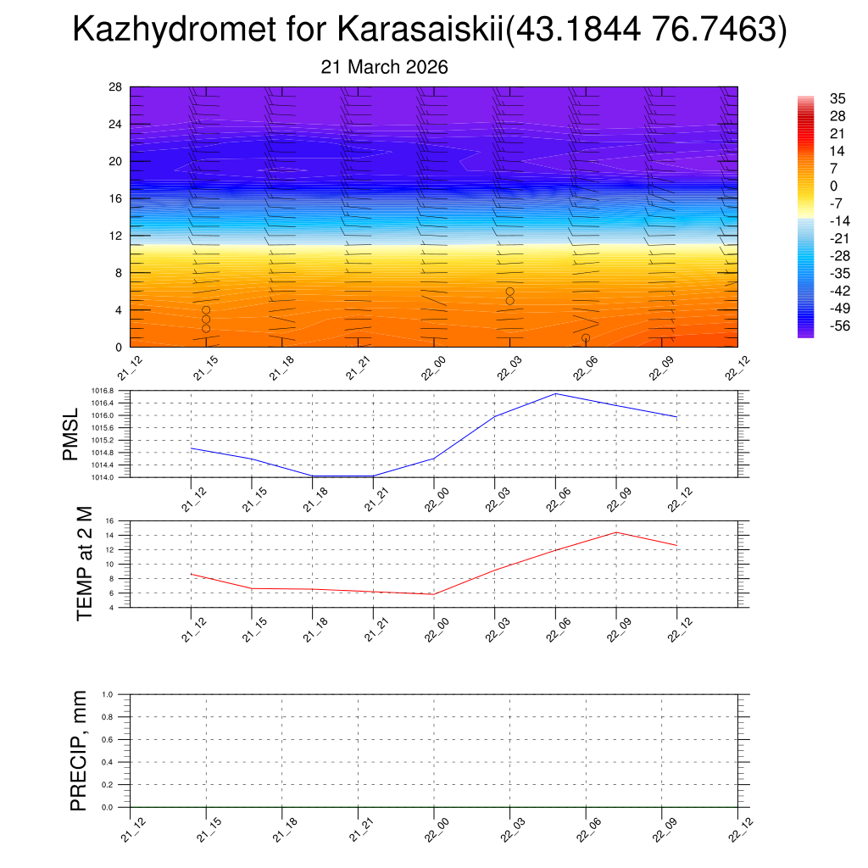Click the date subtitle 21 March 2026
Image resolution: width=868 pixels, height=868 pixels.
click(x=384, y=67)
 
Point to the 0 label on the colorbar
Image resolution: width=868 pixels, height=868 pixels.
click(x=833, y=186)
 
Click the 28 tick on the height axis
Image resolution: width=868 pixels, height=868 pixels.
click(x=116, y=86)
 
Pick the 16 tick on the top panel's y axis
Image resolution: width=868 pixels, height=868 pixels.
click(x=116, y=198)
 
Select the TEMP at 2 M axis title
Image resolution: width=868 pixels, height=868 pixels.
click(x=84, y=563)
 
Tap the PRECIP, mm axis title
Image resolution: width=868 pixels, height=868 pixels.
click(x=78, y=750)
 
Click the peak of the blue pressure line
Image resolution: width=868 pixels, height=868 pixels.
click(x=556, y=393)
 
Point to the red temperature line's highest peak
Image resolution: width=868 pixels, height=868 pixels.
click(x=616, y=532)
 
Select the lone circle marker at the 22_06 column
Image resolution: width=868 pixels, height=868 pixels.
click(x=586, y=338)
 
